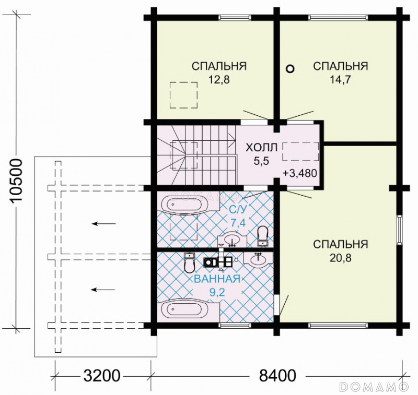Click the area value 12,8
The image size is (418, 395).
219,80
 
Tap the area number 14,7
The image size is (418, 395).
341,80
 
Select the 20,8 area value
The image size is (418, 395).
341,258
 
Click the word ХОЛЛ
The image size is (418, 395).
262,148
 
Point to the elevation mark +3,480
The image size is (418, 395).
300,173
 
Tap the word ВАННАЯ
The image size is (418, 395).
217,279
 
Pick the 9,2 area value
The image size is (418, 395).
217,293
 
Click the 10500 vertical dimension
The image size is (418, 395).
17,181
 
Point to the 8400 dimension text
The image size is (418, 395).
277,376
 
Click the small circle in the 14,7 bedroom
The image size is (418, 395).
290,69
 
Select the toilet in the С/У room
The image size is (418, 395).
262,236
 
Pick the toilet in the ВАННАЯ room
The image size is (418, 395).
189,263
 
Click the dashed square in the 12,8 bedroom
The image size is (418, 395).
184,95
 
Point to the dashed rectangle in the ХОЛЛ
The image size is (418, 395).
301,151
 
